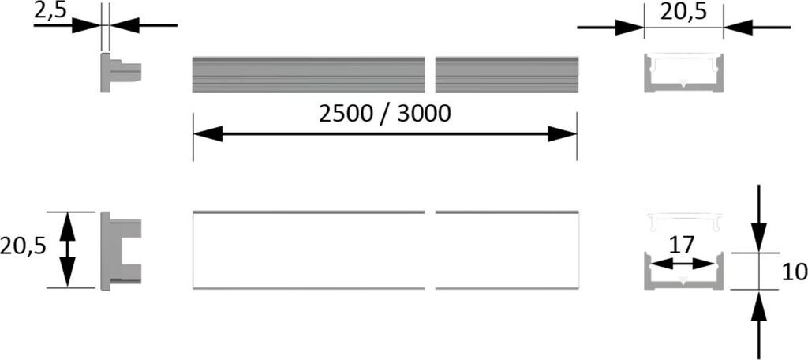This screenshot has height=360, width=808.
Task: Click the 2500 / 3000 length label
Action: click(384, 114)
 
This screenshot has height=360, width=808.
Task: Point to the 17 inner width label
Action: click(682, 246)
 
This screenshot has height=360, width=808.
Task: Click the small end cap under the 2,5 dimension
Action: click(120, 73)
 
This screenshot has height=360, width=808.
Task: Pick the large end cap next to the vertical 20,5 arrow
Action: click(120, 250)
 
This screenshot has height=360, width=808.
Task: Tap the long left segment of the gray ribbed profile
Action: click(309, 75)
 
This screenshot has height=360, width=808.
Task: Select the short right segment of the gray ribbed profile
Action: click(507, 75)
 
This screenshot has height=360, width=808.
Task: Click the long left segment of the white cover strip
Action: click(309, 249)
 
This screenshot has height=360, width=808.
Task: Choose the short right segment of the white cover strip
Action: click(507, 249)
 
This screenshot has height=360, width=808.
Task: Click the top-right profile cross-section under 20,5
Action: click(683, 73)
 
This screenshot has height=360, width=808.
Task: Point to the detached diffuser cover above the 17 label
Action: click(683, 222)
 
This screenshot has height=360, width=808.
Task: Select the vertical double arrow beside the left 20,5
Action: click(68, 249)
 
